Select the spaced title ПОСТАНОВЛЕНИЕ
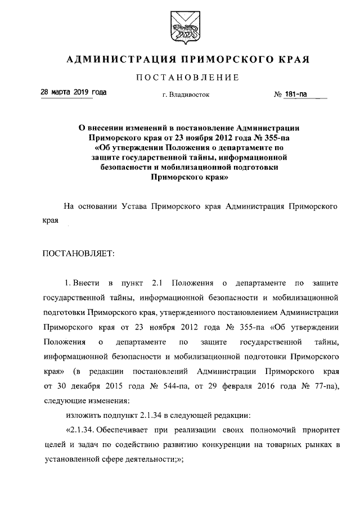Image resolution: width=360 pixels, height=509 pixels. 180,77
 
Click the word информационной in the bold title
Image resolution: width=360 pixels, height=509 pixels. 250,156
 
